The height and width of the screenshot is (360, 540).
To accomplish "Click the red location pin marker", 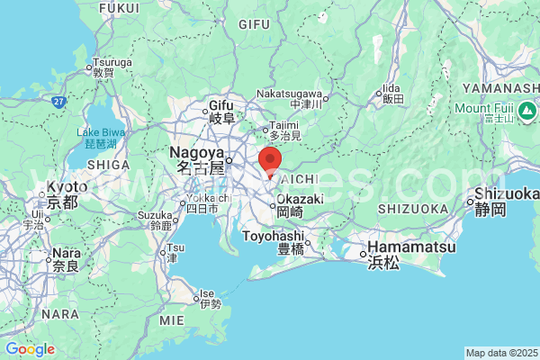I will pyautogui.click(x=270, y=161).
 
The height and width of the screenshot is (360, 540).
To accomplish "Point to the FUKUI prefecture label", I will pyautogui.click(x=120, y=8).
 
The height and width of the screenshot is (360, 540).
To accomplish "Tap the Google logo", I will pyautogui.click(x=30, y=348).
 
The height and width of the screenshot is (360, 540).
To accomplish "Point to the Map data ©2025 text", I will pyautogui.click(x=500, y=352).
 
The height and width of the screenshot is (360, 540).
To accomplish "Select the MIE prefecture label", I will pyautogui.click(x=170, y=319).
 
